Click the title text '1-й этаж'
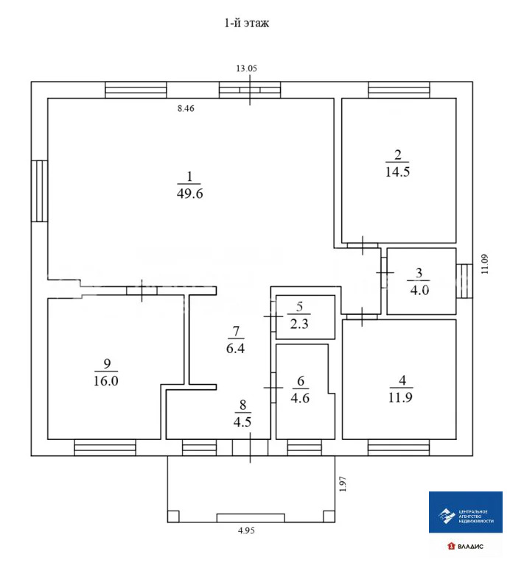tap(246, 23)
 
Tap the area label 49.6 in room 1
tap(190, 194)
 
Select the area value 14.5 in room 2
tap(397, 172)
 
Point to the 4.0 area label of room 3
tap(419, 290)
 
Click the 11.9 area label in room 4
tap(401, 397)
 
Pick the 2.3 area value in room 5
tap(299, 324)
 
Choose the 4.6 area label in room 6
tap(300, 398)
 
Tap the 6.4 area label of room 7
tap(235, 349)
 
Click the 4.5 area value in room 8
tap(242, 422)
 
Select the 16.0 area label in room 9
tap(105, 381)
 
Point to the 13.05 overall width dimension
tap(246, 68)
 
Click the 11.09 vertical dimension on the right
tap(485, 264)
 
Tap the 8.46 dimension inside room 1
tap(186, 108)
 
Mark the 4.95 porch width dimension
tap(246, 530)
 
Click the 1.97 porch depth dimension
tap(343, 484)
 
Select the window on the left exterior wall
tap(39, 191)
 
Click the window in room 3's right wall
tap(464, 281)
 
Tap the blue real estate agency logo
tap(466, 512)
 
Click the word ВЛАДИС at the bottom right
tap(471, 547)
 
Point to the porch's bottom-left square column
tap(173, 516)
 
